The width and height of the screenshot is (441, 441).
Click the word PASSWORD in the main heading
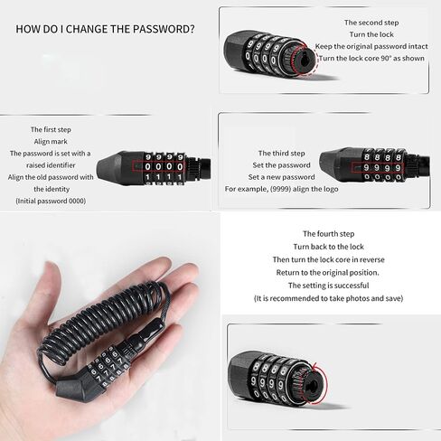pos(164,29)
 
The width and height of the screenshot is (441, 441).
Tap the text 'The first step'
pos(51,129)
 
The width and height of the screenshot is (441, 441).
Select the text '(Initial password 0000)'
pos(51,201)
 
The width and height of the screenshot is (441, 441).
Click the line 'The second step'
pos(371,23)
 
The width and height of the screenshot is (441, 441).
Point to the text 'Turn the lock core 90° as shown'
pos(371,58)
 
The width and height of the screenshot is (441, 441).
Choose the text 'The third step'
pos(282,154)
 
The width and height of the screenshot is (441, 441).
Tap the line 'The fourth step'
pos(329,234)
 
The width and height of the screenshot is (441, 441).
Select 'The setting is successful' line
pos(329,286)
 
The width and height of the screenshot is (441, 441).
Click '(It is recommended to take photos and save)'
pos(329,298)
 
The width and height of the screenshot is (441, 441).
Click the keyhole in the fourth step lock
pos(313,385)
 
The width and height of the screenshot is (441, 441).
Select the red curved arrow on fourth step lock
pos(325,380)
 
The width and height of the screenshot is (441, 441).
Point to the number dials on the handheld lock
pos(109,367)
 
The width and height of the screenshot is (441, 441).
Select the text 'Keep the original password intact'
pos(371,46)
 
